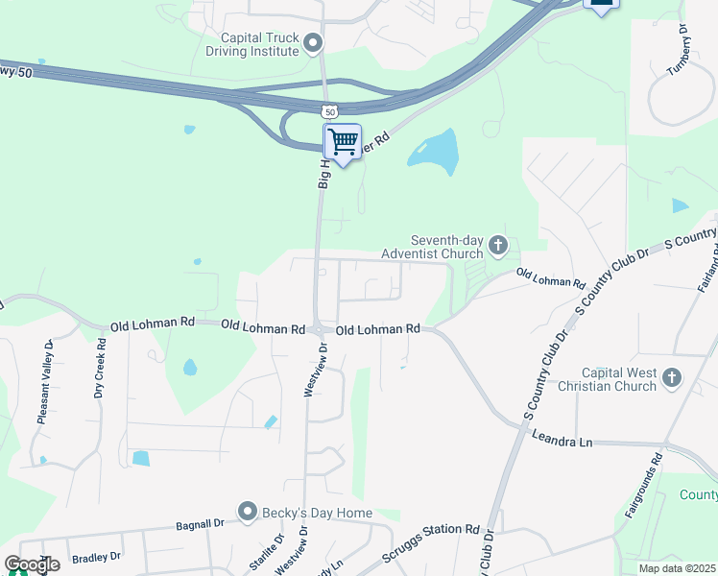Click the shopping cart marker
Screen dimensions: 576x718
343,143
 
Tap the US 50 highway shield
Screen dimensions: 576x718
330,112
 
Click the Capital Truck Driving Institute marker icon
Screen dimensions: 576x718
313,43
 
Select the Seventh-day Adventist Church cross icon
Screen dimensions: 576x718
497,246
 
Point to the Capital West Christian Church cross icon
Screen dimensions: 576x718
671,377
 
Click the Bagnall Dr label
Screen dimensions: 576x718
200,525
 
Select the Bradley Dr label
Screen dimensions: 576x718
97,557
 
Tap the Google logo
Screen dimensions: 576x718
31,564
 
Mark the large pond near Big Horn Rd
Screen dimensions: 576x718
434,152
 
